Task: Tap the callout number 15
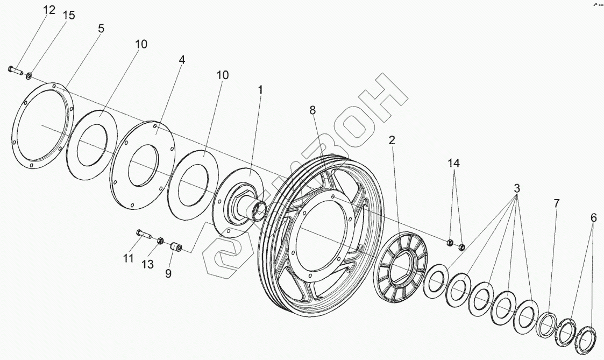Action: click(x=69, y=16)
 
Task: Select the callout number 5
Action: click(x=101, y=29)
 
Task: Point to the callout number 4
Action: click(x=182, y=60)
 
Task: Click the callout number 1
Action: click(x=260, y=90)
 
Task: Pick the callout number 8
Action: click(x=312, y=110)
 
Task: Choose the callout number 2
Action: click(x=392, y=140)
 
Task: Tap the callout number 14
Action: click(x=455, y=163)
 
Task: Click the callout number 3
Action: click(x=516, y=189)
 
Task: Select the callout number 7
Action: click(x=557, y=203)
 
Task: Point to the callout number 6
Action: click(x=593, y=218)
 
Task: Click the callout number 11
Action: click(x=127, y=259)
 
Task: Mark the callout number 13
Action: click(x=147, y=264)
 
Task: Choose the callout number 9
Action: click(x=168, y=273)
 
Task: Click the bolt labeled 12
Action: click(x=15, y=70)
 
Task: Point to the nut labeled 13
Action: click(x=160, y=241)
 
